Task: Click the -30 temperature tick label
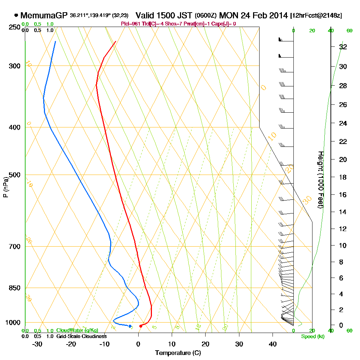click(37, 343)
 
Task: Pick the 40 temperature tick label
click(273, 343)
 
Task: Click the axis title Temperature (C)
click(178, 353)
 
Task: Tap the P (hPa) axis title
click(5, 187)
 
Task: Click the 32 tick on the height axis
click(343, 47)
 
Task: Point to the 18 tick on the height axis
click(343, 177)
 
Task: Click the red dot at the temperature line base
click(141, 326)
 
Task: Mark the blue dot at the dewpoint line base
click(130, 326)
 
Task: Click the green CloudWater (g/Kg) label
click(77, 330)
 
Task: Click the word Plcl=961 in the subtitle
click(131, 24)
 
